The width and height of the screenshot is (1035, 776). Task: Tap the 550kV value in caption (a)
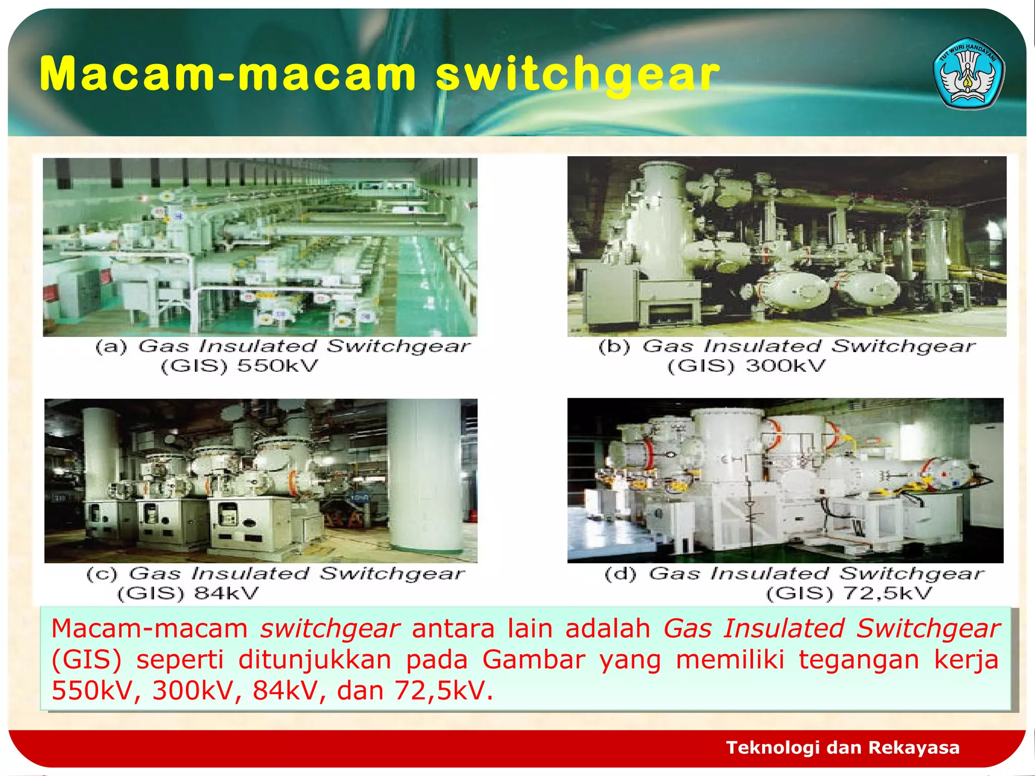278,365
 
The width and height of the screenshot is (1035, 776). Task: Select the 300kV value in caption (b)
786,365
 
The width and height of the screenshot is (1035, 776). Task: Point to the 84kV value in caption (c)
226,593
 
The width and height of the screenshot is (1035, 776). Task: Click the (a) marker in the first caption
112,347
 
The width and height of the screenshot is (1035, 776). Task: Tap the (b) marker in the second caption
615,347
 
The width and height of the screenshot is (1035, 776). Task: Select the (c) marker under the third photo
102,574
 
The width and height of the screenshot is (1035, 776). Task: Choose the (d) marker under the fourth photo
621,574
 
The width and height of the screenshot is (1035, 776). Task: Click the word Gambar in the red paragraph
534,660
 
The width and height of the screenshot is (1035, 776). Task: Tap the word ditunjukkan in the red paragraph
315,660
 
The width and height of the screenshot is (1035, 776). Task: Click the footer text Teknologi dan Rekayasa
842,747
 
